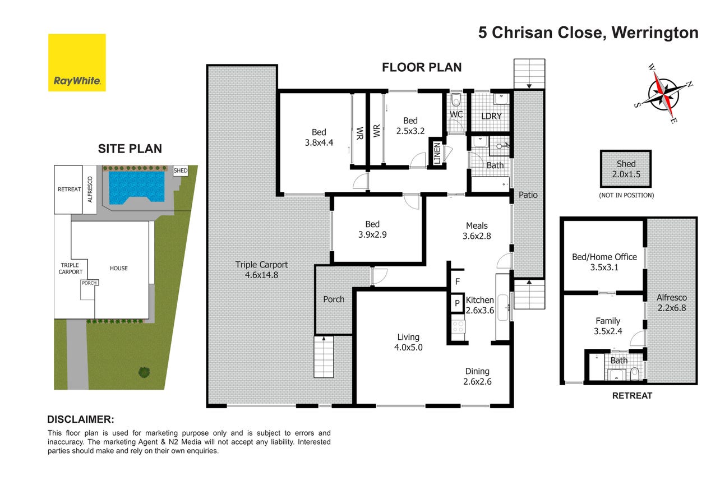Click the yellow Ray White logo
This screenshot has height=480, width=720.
(77, 63)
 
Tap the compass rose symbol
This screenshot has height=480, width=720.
(664, 94)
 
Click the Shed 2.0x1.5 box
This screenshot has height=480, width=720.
(625, 169)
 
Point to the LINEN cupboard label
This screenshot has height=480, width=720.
(436, 153)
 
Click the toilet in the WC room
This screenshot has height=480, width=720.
(456, 100)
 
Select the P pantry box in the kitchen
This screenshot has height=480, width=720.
(457, 303)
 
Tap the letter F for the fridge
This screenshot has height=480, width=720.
(458, 281)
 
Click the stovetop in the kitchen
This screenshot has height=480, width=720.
(458, 327)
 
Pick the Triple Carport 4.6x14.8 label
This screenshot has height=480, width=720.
(261, 270)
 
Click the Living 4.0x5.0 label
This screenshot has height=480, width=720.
(408, 342)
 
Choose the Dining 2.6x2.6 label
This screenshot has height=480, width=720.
(477, 376)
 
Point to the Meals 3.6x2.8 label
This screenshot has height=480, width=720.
(477, 231)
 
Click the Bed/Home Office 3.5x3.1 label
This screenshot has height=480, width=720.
(604, 262)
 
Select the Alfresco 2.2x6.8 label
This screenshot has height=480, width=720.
(671, 303)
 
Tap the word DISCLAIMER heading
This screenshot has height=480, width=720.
(81, 419)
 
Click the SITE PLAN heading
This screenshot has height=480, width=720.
(130, 149)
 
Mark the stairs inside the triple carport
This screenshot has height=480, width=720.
(324, 357)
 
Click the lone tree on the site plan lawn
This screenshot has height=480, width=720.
(144, 372)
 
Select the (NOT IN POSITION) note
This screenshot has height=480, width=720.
(626, 195)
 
